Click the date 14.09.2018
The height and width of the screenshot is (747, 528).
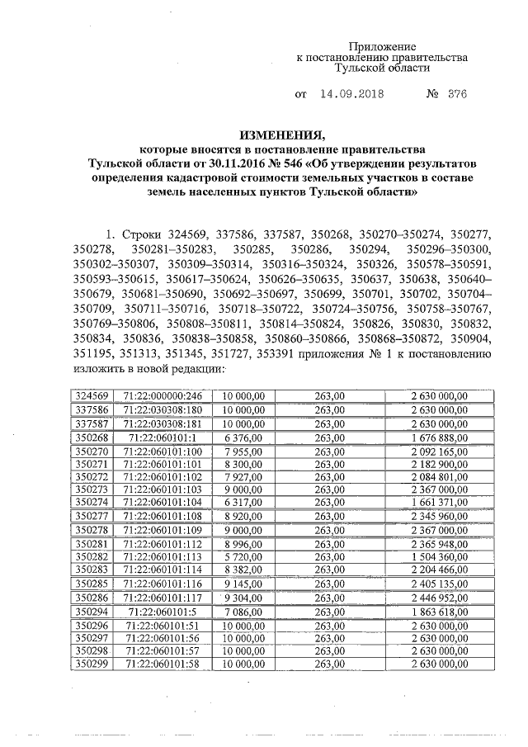[351, 94]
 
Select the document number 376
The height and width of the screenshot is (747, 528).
[457, 94]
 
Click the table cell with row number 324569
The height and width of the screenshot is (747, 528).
[91, 396]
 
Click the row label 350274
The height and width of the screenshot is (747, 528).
[91, 501]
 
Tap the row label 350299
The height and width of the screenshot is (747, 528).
[91, 663]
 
